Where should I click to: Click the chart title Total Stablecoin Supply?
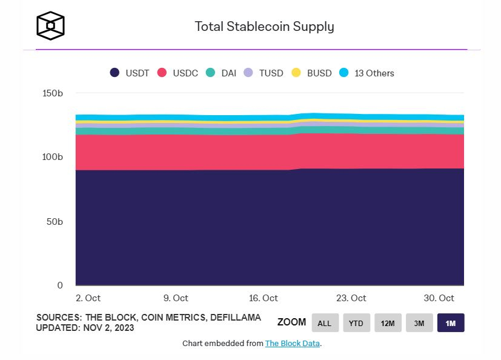click(x=264, y=27)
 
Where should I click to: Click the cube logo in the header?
click(x=50, y=25)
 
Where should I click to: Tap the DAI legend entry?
click(x=221, y=73)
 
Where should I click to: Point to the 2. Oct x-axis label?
click(x=88, y=298)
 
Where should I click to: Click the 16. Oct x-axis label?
click(x=264, y=298)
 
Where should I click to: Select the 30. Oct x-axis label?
click(x=439, y=298)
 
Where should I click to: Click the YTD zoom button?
click(x=356, y=323)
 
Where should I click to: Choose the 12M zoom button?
click(x=388, y=323)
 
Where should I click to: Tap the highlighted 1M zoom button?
click(x=451, y=323)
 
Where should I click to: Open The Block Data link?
click(x=292, y=344)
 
